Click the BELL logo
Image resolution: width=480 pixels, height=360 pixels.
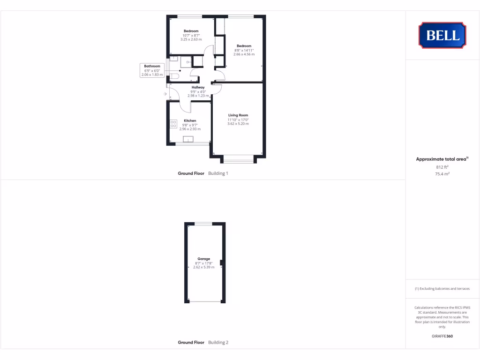[442, 35]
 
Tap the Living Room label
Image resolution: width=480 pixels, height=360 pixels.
[238, 115]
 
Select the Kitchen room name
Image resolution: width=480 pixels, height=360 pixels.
[190, 120]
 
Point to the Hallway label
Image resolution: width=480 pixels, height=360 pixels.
[198, 87]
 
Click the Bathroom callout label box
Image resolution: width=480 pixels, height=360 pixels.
[152, 70]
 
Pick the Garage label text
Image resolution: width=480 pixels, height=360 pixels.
[203, 259]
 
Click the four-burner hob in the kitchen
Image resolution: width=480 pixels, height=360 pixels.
[173, 124]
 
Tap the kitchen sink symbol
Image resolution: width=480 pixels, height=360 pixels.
[188, 139]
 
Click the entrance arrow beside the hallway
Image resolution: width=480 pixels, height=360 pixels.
[165, 94]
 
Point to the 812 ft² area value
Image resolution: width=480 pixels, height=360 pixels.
[442, 167]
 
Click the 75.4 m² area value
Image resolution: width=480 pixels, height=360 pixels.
[442, 173]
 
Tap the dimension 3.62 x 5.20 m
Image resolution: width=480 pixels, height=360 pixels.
[238, 124]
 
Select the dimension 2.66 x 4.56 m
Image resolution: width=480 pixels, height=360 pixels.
[244, 54]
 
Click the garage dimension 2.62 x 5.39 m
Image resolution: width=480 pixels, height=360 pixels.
[203, 267]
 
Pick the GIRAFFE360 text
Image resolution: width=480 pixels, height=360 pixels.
[442, 336]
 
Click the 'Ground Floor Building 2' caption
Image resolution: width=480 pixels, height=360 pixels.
[203, 343]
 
